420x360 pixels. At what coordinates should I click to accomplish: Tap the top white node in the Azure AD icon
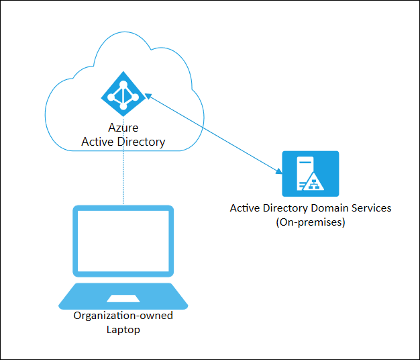pyautogui.click(x=123, y=83)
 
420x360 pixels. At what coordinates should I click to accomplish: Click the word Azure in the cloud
pyautogui.click(x=123, y=128)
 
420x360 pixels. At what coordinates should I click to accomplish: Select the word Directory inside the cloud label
pyautogui.click(x=140, y=142)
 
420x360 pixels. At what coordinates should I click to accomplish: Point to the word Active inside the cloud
pyautogui.click(x=97, y=142)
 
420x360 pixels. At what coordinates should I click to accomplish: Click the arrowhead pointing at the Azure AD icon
pyautogui.click(x=148, y=97)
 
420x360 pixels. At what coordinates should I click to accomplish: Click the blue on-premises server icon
pyautogui.click(x=310, y=174)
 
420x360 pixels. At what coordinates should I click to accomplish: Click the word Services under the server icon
pyautogui.click(x=370, y=208)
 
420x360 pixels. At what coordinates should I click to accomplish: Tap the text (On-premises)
pyautogui.click(x=310, y=222)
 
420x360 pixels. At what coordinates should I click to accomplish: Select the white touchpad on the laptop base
pyautogui.click(x=123, y=298)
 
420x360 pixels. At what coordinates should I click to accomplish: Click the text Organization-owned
pyautogui.click(x=123, y=316)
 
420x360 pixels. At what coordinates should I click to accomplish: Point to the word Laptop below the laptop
pyautogui.click(x=123, y=330)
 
